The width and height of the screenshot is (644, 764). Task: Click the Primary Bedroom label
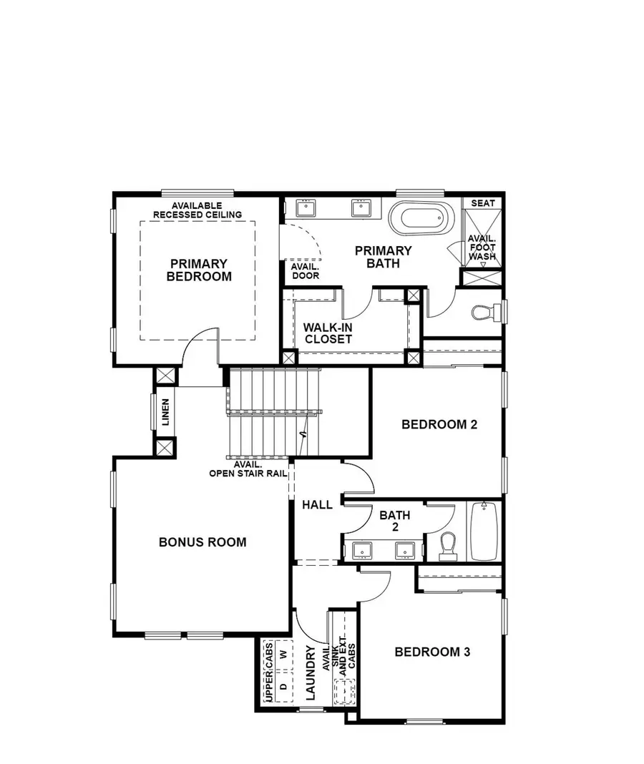pos(199,270)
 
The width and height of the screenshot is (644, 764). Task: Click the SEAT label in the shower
pos(483,203)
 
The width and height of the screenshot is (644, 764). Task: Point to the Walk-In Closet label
pos(328,333)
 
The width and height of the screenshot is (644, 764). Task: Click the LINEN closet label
pos(165,412)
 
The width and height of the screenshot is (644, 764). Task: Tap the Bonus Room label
pos(203,542)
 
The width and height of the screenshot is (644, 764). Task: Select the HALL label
pos(317,504)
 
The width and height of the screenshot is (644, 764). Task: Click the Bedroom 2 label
pos(439,423)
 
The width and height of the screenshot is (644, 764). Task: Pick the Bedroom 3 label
pos(432,652)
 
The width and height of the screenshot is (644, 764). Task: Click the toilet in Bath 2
pos(449,545)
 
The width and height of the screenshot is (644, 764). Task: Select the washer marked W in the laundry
pos(283,654)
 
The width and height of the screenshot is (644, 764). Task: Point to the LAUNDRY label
pos(311,672)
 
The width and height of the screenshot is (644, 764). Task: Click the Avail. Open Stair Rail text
pos(248,469)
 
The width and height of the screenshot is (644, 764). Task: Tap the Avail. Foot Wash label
pos(482,247)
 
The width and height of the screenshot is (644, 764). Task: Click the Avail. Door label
pos(306,270)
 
